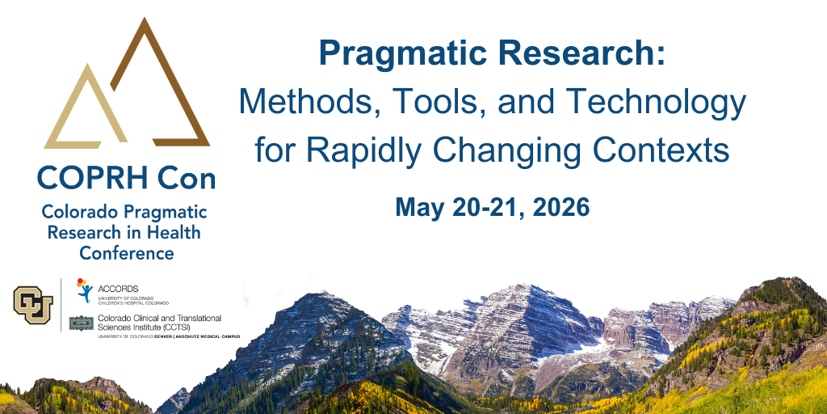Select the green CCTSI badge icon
pos(82,323)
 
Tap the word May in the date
pos(419,208)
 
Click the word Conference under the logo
pos(127,253)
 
